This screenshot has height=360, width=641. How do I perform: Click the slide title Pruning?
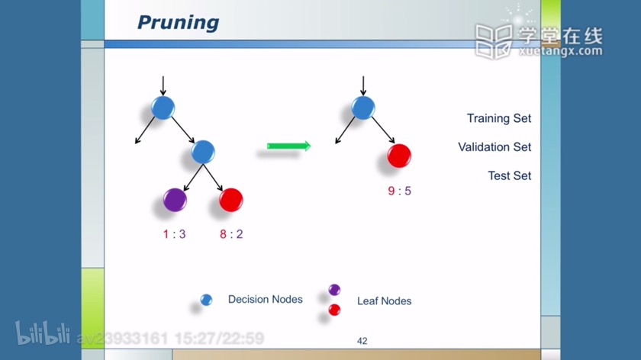pos(179,23)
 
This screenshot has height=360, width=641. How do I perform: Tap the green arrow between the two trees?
pos(288,146)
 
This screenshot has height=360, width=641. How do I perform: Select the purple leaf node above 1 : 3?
pos(175,200)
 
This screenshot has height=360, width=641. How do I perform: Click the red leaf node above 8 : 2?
pos(231,200)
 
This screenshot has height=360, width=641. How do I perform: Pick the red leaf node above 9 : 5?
pos(399,156)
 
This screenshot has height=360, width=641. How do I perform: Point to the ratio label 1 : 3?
pos(175,234)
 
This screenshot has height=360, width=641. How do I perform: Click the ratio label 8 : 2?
pos(231,234)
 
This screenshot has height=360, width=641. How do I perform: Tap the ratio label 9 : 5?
pos(399,191)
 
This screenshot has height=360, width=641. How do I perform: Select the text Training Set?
pos(499,118)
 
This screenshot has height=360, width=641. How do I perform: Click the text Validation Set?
pos(494,147)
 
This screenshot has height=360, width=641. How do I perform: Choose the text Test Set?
pos(510,175)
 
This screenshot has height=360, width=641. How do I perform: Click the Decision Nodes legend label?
pos(266,300)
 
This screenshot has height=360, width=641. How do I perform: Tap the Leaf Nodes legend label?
pos(385,301)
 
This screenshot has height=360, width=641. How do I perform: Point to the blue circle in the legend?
pos(207,300)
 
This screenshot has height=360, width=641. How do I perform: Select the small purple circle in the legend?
pos(334,290)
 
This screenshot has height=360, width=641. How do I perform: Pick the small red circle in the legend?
pos(334,310)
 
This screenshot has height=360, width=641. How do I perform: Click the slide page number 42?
pos(362,341)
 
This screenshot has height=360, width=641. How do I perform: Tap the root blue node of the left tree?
pos(163,108)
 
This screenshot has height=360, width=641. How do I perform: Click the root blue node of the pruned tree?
pos(363,108)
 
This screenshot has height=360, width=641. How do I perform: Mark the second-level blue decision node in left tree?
pos(203,152)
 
